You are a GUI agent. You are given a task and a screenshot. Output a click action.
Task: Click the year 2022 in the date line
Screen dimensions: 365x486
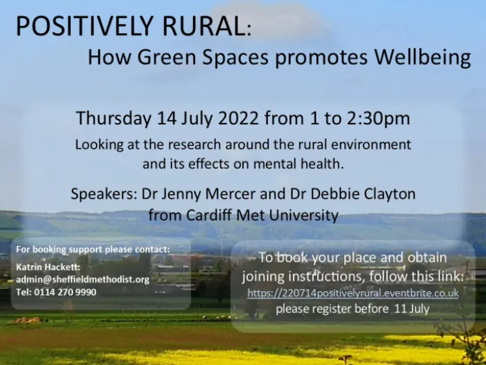pos(240,118)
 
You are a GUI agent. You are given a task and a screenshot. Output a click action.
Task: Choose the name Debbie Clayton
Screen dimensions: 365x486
pos(377,194)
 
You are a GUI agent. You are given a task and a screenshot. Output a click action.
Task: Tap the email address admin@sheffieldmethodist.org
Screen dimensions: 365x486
pos(82,279)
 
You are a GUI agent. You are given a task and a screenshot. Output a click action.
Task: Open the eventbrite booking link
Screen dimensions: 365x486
pos(352,293)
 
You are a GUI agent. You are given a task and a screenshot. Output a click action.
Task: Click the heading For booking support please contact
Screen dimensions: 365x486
pos(92,249)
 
